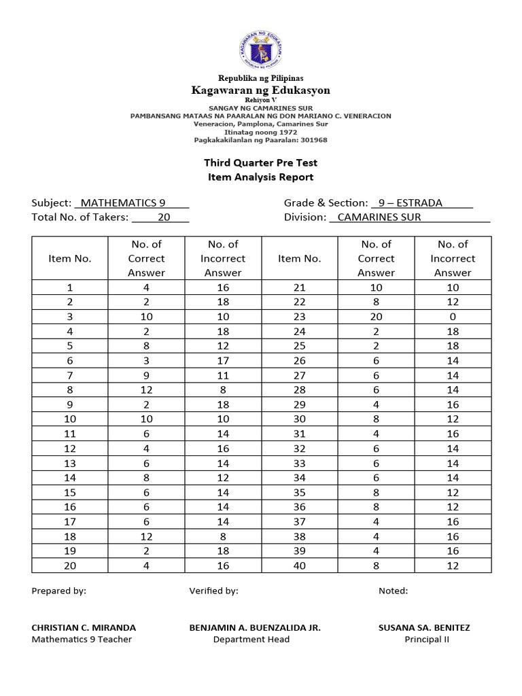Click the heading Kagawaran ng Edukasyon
coord(260,90)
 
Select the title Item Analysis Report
coord(260,177)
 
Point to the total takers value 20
coord(164,217)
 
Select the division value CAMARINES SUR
coord(379,217)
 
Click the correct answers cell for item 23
coord(376,317)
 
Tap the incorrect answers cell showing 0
coord(453,317)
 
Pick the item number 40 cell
coord(299,565)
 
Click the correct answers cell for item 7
coord(146,375)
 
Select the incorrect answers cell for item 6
coord(223,360)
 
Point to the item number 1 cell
coord(69,288)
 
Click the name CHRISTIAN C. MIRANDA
coord(84,627)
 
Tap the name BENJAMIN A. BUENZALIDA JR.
coord(255,627)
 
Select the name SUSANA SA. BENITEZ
coord(424,627)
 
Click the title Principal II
coord(427,639)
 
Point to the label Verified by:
coord(213,591)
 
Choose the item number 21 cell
coord(299,288)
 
